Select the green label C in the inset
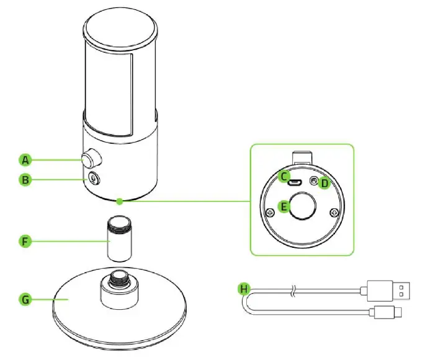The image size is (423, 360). [x=285, y=177]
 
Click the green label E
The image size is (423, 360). [x=285, y=207]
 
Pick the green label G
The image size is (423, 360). [x=25, y=299]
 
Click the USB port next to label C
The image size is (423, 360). [x=298, y=182]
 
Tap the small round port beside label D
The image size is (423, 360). [x=314, y=182]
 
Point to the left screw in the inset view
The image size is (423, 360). [x=270, y=213]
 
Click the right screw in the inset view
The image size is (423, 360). [x=334, y=213]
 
